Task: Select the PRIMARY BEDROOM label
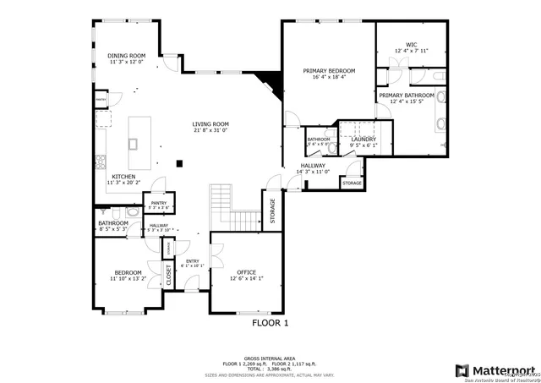pos(329,71)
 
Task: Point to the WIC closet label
pos(411,44)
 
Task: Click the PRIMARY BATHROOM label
pos(406,96)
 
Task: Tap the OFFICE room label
pos(246,271)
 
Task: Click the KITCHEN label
pos(123,177)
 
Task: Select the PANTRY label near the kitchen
pos(158,203)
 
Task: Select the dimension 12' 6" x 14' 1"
pos(246,278)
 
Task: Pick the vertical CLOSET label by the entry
pos(168,276)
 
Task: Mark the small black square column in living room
pos(179,162)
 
